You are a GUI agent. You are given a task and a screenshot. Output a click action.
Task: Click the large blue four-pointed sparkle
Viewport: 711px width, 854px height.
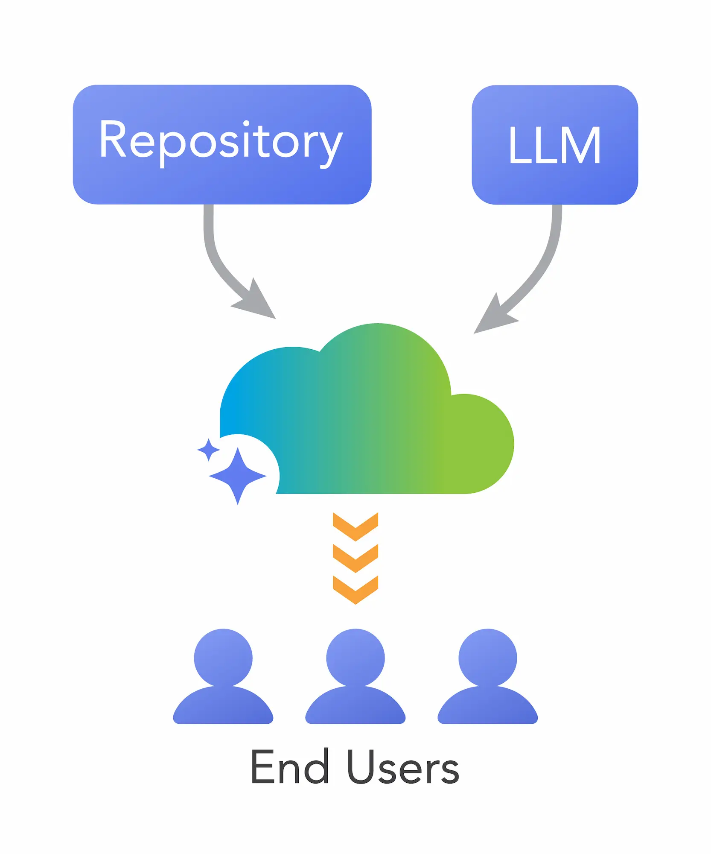pos(238,475)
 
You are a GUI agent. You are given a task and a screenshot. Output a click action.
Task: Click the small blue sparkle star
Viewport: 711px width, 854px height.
pos(209,450)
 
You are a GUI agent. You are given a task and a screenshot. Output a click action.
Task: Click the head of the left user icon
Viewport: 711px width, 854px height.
pos(223,658)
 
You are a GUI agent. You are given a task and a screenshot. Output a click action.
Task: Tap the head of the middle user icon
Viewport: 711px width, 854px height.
pos(355,658)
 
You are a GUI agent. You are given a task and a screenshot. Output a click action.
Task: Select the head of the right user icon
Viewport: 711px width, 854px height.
pos(488,658)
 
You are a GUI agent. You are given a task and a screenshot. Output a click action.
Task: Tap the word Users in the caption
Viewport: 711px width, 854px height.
pos(403,767)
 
